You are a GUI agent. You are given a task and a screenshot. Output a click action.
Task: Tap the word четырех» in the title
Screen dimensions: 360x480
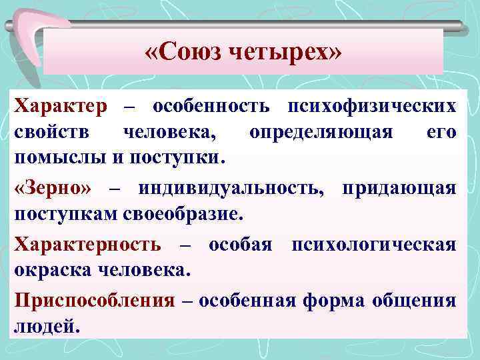(287, 51)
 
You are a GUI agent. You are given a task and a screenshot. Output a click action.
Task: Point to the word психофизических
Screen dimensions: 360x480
(372, 105)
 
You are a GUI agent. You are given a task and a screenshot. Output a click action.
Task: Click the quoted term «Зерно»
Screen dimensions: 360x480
(53, 189)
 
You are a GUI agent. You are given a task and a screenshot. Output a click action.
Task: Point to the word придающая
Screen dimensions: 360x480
(399, 189)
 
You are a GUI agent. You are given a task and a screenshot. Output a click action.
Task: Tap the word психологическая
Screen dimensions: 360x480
(371, 244)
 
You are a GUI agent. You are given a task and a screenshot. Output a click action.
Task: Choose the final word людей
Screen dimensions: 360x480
(45, 327)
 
